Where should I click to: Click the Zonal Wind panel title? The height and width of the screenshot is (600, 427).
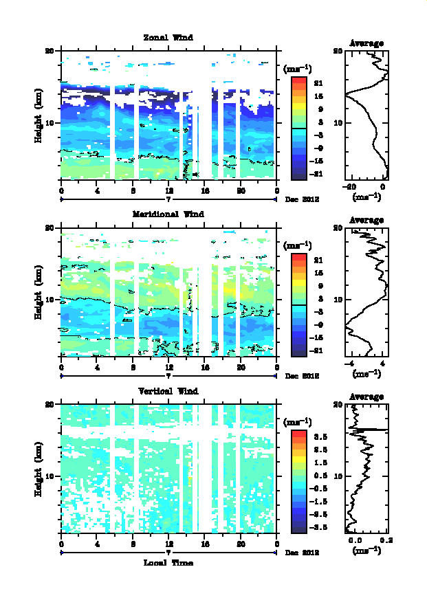168,37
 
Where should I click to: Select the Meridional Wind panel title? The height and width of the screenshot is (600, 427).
168,214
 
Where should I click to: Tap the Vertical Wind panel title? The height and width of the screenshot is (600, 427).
168,391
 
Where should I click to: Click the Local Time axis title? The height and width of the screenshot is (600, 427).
168,563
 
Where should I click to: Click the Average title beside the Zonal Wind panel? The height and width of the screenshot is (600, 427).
366,43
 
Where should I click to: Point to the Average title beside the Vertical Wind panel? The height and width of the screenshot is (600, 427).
366,397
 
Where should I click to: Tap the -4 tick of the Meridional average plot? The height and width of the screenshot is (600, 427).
350,364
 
